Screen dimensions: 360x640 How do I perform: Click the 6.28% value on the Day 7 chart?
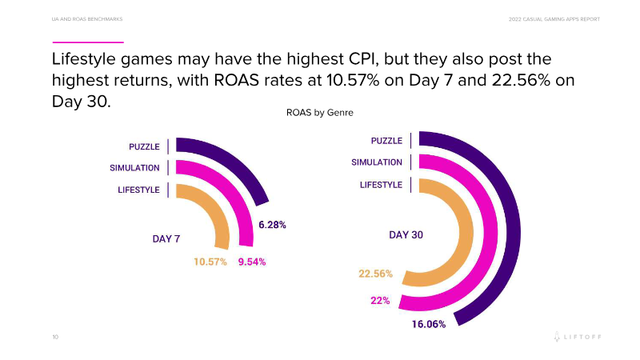click(272, 225)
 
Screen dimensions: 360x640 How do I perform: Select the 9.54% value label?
click(252, 262)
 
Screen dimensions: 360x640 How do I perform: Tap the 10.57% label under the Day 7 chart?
click(210, 262)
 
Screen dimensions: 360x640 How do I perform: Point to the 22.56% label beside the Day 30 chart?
click(375, 274)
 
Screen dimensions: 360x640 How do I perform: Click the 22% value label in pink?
click(379, 300)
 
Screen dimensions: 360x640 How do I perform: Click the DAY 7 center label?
click(166, 238)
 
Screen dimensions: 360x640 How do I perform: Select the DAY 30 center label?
click(406, 235)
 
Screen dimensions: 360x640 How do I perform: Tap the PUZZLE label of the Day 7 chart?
click(144, 146)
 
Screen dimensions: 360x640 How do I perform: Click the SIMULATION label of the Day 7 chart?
click(134, 168)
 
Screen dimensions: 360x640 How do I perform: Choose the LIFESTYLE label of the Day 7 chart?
click(138, 190)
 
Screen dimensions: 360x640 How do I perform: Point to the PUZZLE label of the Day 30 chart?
click(386, 141)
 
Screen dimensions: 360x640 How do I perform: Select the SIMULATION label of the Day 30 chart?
click(377, 162)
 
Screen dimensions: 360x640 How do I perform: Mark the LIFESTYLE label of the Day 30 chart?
click(381, 185)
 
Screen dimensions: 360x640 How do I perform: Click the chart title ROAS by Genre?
click(320, 113)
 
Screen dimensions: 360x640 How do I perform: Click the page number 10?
click(55, 338)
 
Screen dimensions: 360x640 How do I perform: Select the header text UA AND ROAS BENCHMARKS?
click(87, 18)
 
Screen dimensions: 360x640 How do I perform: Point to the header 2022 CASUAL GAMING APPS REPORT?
click(554, 18)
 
